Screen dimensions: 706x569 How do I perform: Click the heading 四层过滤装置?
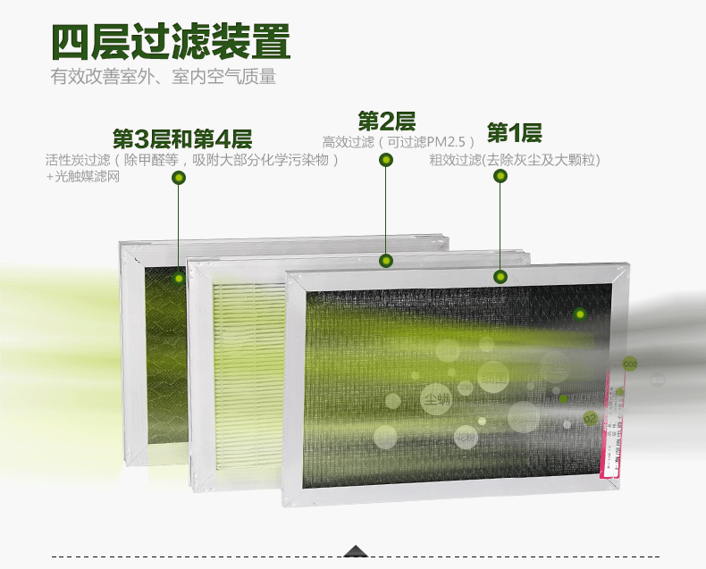[170, 40]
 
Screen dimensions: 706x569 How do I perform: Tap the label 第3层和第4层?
[182, 139]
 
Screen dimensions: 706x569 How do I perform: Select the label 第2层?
[386, 121]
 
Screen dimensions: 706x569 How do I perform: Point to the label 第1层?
[514, 134]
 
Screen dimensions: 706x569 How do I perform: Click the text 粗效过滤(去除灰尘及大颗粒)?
[514, 161]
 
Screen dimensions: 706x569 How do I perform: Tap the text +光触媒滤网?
[82, 177]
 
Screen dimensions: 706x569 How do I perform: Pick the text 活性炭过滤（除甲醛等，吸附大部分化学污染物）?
[193, 161]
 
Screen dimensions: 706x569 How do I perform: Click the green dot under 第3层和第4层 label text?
[179, 179]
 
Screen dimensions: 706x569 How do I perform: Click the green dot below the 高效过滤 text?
[386, 160]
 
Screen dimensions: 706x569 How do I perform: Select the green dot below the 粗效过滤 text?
[500, 176]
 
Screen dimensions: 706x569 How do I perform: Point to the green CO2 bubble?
[629, 364]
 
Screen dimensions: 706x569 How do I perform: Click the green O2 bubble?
[590, 418]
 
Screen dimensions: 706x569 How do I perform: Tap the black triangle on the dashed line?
[357, 551]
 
